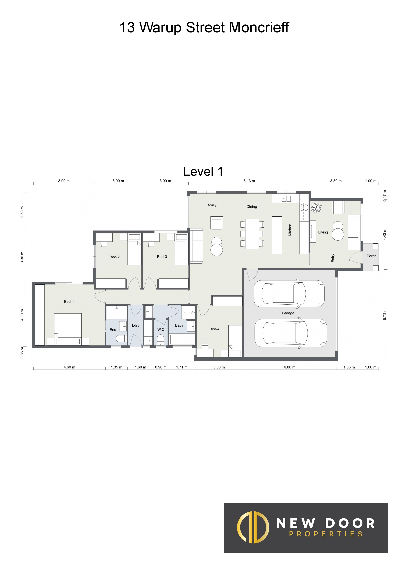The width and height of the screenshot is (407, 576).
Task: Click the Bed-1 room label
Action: [69, 302]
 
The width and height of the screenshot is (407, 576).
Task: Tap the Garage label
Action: [288, 313]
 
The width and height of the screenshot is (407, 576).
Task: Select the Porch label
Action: [371, 256]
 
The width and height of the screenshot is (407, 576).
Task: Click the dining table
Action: [252, 234]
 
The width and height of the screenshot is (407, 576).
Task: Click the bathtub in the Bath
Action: [182, 339]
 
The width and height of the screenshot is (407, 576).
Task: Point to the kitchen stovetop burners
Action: [304, 207]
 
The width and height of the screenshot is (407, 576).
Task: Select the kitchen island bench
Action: [277, 235]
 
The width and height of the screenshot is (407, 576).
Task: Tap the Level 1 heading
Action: [203, 172]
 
